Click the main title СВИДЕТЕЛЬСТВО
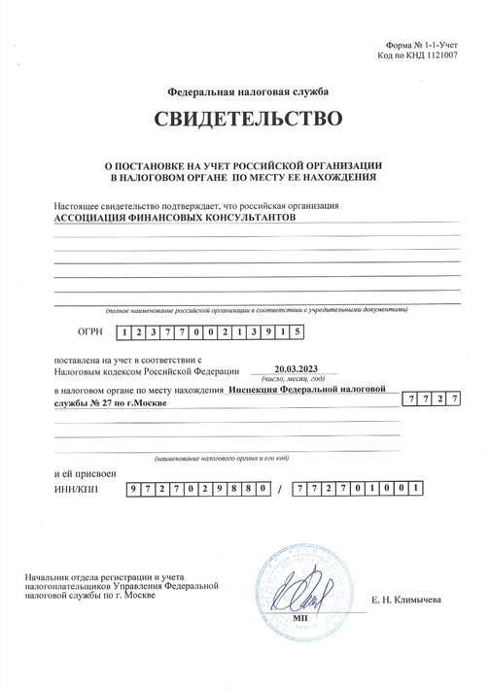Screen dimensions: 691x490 pyautogui.click(x=247, y=121)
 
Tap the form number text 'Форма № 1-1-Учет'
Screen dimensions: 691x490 pyautogui.click(x=414, y=46)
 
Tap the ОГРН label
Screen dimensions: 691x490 pyautogui.click(x=89, y=332)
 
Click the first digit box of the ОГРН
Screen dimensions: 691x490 pyautogui.click(x=124, y=332)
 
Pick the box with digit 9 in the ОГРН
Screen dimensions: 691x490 pyautogui.click(x=269, y=332)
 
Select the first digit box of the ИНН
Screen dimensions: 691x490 pyautogui.click(x=135, y=488)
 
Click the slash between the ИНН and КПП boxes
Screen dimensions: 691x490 pyautogui.click(x=279, y=489)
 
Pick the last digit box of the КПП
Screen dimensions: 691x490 pyautogui.click(x=416, y=488)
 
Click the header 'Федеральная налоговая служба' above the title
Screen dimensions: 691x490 pyautogui.click(x=248, y=91)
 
